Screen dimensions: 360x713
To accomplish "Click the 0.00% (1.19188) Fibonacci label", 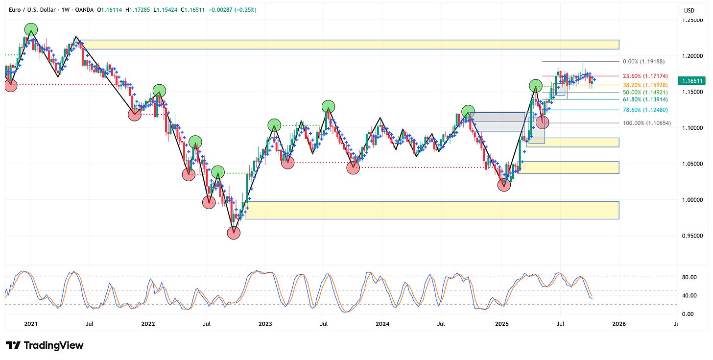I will pos(644,62).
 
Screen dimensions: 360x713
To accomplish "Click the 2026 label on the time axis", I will pos(619,324).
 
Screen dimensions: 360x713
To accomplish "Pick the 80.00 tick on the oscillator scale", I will pos(689,277).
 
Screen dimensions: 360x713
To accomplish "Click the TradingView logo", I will pos(45,345).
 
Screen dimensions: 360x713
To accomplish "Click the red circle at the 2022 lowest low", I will pos(234,233).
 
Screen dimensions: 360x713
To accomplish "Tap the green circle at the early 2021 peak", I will pos(31,29).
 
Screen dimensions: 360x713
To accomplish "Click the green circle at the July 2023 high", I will pos(328,106).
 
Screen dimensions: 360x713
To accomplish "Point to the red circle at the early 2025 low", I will pos(504,185).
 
